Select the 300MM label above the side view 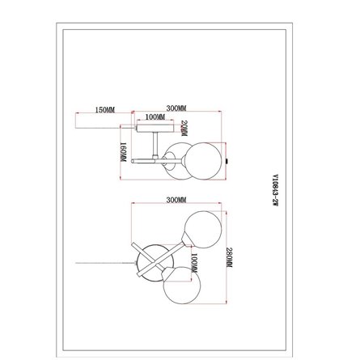pos(176,108)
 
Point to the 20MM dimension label pos(184,128)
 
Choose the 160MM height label pos(121,151)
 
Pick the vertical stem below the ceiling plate pos(155,143)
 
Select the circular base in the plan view pos(152,262)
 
